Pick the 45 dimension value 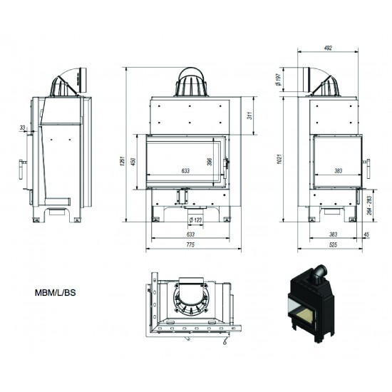coord(366,234)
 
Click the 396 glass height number coord(210,162)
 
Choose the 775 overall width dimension coord(190,246)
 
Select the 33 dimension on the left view coord(24,128)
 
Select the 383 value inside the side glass coord(339,171)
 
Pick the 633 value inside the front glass coord(185,171)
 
